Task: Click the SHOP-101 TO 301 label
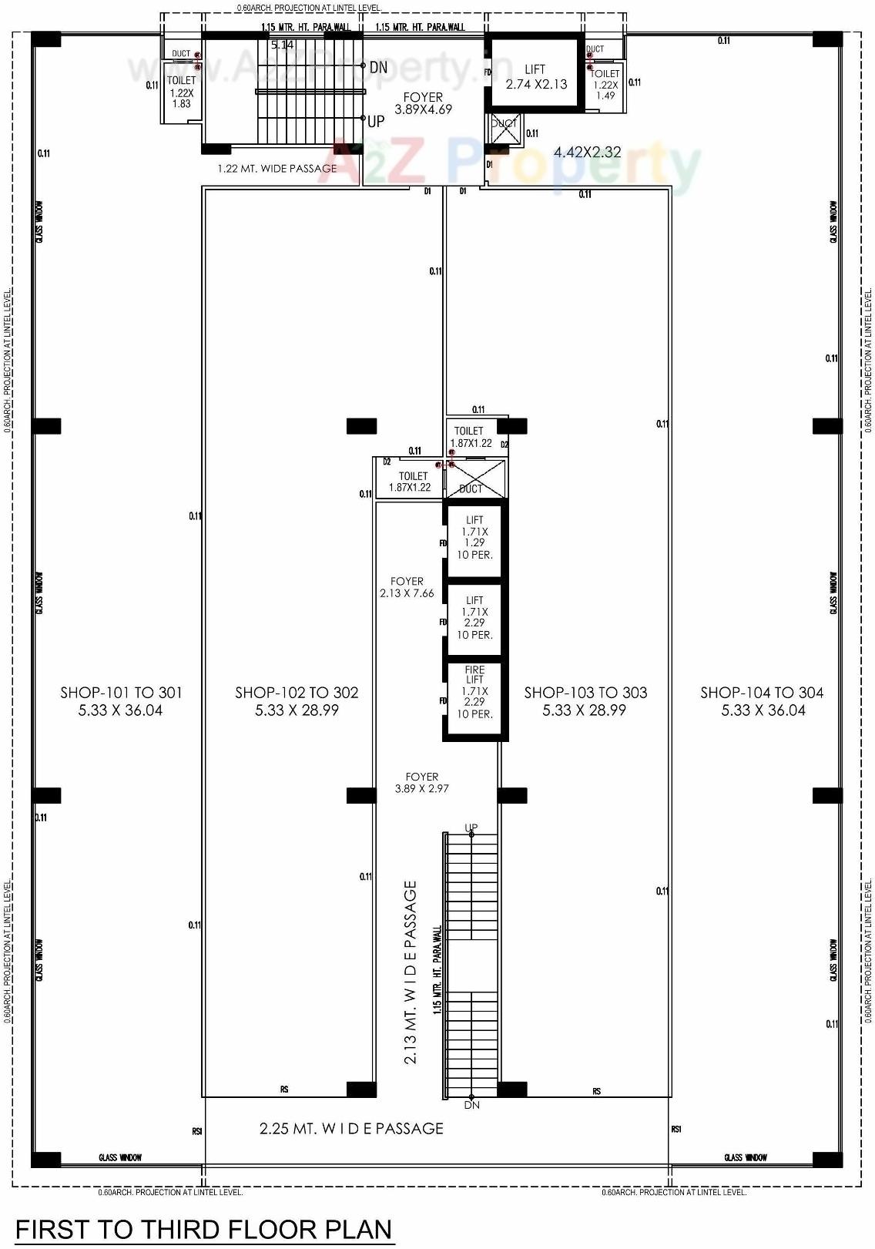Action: point(121,701)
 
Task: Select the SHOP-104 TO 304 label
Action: point(762,701)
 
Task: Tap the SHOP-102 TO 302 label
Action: point(297,701)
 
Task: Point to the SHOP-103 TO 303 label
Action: point(585,701)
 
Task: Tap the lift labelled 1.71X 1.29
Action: point(474,537)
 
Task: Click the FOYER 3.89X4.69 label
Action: point(423,103)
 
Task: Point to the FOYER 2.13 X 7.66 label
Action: point(407,587)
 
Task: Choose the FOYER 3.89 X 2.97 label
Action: point(421,783)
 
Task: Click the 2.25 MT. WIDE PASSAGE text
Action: point(351,1129)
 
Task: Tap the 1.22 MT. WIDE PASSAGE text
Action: point(277,169)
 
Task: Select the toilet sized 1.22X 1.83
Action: point(182,92)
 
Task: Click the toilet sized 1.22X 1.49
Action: point(605,85)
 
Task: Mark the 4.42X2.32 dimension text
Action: point(587,153)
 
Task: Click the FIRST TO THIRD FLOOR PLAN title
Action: point(204,1229)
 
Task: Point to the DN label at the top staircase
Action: point(377,68)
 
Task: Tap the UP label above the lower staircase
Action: point(471,828)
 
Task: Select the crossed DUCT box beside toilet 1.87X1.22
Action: point(476,478)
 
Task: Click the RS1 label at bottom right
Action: point(676,1130)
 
